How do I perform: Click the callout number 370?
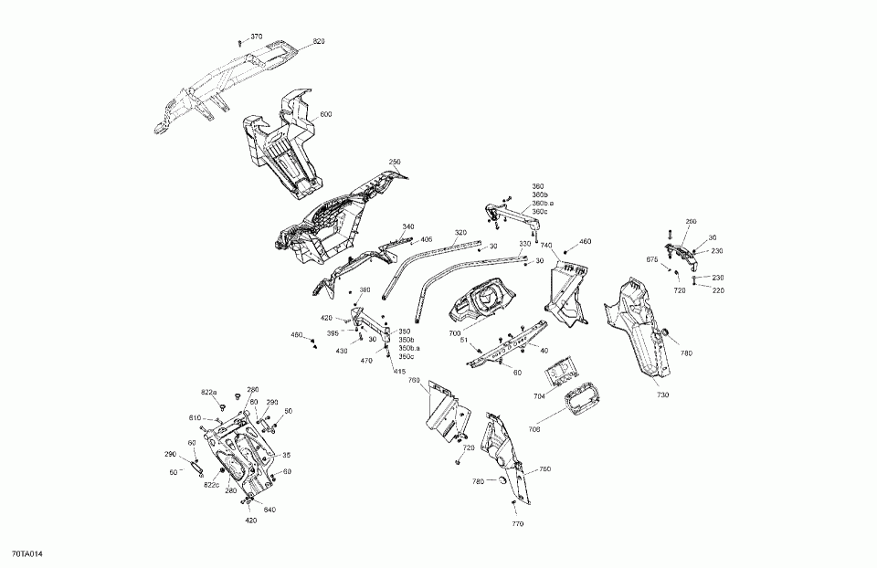(x=256, y=37)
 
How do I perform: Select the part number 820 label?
(x=319, y=42)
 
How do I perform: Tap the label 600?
(x=326, y=114)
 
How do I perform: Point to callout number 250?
(x=395, y=163)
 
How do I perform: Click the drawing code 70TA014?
(x=27, y=554)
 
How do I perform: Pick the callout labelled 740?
(x=546, y=246)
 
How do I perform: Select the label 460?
(x=586, y=242)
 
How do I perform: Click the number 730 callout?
(x=662, y=394)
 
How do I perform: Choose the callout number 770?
(x=518, y=524)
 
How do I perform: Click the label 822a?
(x=209, y=392)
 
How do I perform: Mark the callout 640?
(x=270, y=510)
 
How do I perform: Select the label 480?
(x=297, y=335)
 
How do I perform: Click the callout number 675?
(x=651, y=260)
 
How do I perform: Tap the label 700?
(x=454, y=334)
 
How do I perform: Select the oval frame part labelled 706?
(x=580, y=402)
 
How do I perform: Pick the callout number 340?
(x=407, y=227)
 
